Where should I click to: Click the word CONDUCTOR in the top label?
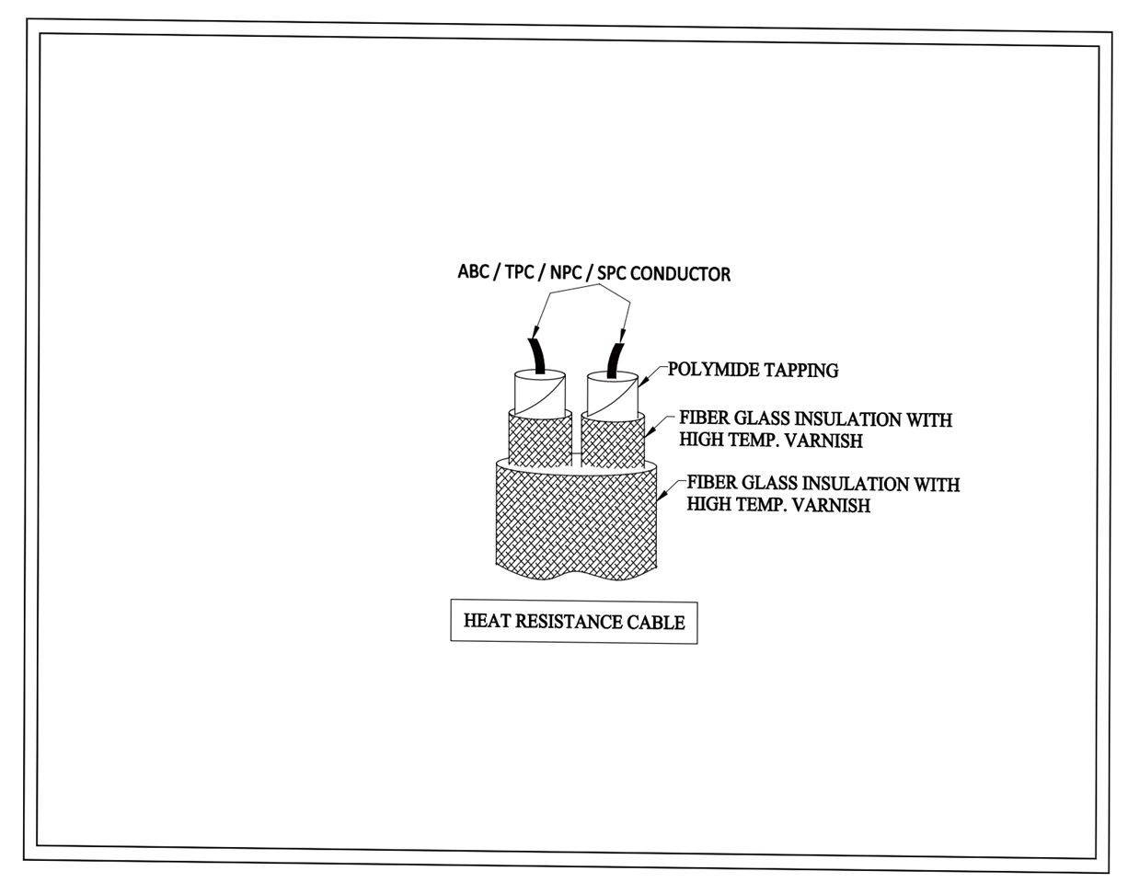[680, 274]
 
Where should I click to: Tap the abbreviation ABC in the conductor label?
[473, 271]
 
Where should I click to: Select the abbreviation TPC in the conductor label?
[520, 272]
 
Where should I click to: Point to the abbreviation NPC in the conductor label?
[566, 272]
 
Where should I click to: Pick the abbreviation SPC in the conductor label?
[612, 273]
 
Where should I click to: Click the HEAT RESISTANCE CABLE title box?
[574, 622]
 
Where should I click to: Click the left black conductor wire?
[537, 356]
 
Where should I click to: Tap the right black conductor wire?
[615, 361]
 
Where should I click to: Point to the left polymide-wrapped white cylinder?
[540, 393]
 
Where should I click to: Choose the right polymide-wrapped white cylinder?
[612, 395]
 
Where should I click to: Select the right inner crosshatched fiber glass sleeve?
[613, 441]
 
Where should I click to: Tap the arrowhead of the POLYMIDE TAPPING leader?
[643, 383]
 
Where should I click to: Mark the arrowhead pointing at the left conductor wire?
[535, 333]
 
